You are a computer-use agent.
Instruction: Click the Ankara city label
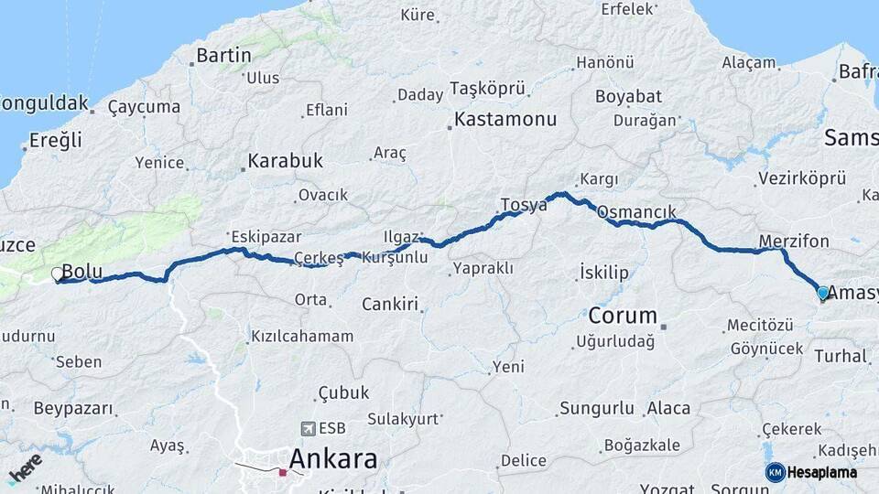333,458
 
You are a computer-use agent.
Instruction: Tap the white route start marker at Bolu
58,274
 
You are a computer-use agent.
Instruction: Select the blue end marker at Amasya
822,293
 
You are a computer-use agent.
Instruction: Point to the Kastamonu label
505,120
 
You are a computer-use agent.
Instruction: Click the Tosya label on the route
524,204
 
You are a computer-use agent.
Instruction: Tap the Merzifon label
794,242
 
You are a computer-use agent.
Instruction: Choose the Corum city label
623,317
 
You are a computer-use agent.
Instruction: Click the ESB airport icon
307,428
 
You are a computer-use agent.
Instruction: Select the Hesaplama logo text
823,472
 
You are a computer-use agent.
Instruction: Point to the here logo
25,469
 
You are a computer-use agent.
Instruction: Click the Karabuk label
285,161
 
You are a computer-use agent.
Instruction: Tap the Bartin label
223,57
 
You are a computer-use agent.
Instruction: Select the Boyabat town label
628,96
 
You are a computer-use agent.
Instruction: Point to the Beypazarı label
73,408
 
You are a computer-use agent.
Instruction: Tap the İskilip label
604,273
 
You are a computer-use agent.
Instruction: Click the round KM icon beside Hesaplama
776,472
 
